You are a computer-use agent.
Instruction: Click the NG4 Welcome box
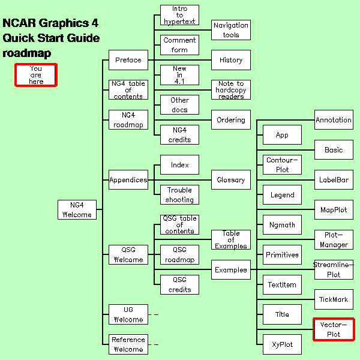click(x=77, y=209)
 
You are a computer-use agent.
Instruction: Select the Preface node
click(x=128, y=60)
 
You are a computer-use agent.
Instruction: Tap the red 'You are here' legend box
click(x=36, y=75)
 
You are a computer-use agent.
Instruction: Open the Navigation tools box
click(x=231, y=30)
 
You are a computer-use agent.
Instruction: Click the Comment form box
click(x=179, y=45)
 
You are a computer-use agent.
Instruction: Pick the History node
click(x=231, y=60)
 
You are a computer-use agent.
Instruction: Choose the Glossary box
click(x=231, y=179)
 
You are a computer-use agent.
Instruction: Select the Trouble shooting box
click(x=179, y=194)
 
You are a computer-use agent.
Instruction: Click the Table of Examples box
click(x=231, y=239)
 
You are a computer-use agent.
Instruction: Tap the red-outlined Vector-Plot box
click(x=334, y=329)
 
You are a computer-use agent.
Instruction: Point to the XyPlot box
click(x=282, y=344)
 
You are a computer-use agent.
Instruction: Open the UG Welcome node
click(x=128, y=314)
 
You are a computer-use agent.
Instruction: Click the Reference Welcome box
click(x=128, y=344)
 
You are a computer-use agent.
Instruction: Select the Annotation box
click(x=334, y=120)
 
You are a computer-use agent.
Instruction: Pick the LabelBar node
click(x=334, y=179)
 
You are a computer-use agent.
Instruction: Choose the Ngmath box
click(x=282, y=224)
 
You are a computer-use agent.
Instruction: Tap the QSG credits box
click(x=179, y=284)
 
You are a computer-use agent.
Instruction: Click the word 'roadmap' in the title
click(x=27, y=53)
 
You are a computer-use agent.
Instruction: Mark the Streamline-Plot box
click(x=334, y=269)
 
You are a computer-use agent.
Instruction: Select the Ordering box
click(x=231, y=120)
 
